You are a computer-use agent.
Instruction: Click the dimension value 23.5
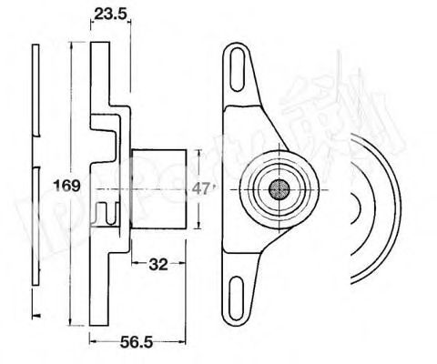tap(109, 15)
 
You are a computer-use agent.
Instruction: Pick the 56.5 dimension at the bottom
tap(137, 344)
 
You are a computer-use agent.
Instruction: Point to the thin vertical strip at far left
tap(34, 182)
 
